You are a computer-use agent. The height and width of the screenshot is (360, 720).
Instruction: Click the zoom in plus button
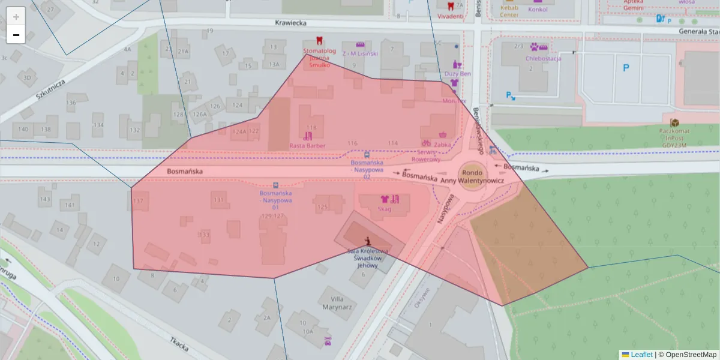click(x=16, y=17)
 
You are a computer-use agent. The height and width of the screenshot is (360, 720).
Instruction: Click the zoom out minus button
click(x=16, y=35)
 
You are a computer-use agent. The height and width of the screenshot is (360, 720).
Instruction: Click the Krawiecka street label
click(x=290, y=23)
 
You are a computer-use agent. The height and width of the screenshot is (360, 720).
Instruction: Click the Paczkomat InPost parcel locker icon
click(x=674, y=122)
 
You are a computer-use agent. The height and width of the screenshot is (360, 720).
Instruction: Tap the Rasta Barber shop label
click(x=307, y=146)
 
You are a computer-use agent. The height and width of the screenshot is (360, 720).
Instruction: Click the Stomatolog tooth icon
click(x=319, y=40)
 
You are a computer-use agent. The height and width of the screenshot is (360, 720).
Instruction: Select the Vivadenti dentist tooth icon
click(x=451, y=6)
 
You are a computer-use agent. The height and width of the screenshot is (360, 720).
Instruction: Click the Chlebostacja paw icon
click(x=542, y=47)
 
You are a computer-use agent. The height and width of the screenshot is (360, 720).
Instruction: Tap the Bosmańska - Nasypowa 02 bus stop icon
click(x=367, y=154)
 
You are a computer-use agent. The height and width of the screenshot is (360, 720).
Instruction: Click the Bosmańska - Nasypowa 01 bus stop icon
click(x=275, y=185)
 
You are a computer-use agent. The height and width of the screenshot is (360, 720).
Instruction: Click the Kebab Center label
click(x=509, y=11)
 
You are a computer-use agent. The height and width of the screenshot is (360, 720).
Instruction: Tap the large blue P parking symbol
click(x=626, y=68)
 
